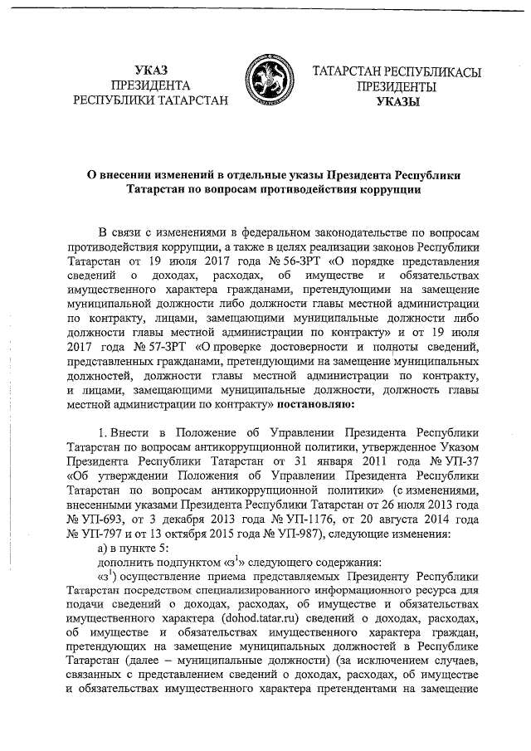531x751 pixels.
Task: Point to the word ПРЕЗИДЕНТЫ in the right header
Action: [397, 85]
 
